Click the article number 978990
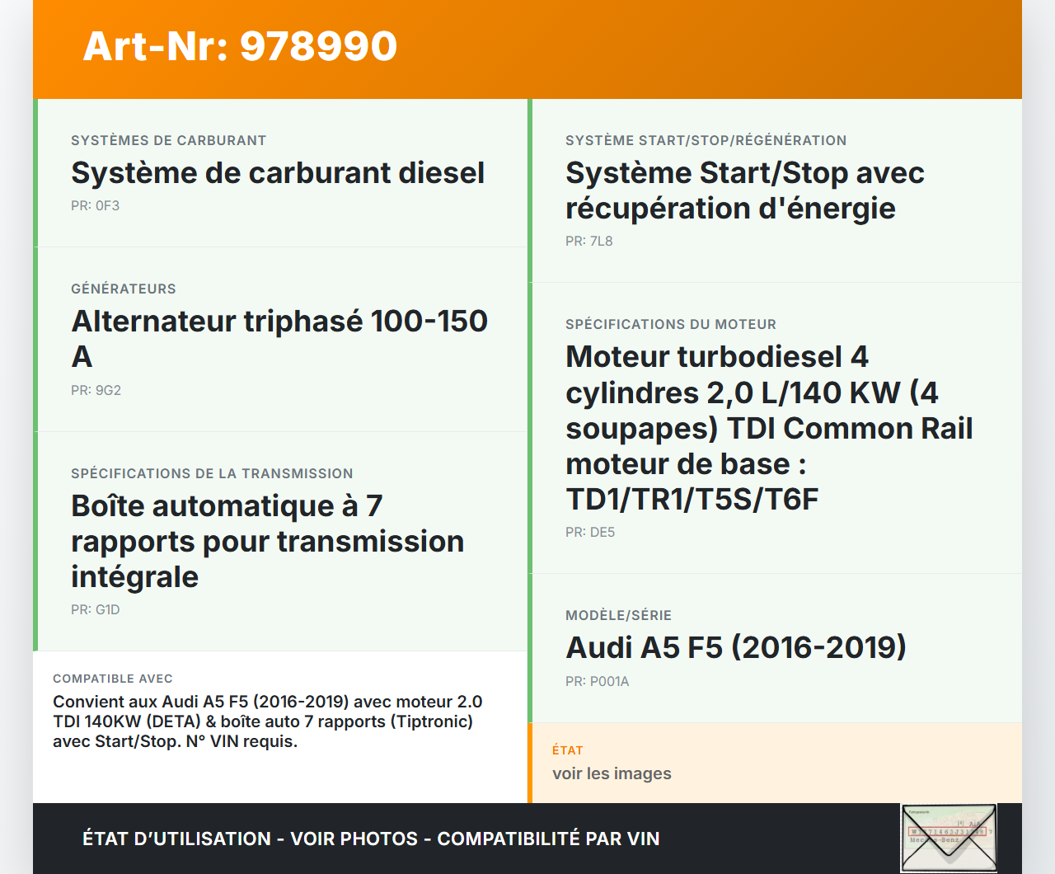pos(318,46)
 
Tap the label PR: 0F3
pos(95,206)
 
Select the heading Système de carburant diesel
pos(278,173)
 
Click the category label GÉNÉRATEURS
pos(124,289)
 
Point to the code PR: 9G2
pos(96,390)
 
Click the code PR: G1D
pos(96,609)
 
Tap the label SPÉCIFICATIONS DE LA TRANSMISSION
pos(212,473)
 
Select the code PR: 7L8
pos(589,241)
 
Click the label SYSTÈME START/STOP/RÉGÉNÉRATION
pos(706,140)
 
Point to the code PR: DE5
pos(590,533)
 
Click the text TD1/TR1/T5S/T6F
pos(692,500)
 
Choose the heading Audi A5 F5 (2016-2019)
pos(736,647)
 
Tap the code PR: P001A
pos(598,681)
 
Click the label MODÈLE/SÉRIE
pos(618,615)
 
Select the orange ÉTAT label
pos(567,750)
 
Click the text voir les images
pos(612,773)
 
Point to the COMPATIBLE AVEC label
pos(113,679)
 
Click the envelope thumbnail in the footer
pos(949,838)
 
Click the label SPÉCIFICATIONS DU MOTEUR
pos(670,324)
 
